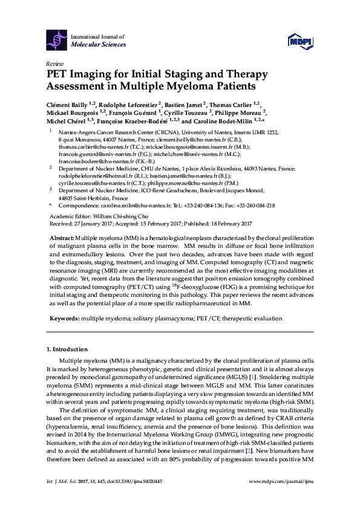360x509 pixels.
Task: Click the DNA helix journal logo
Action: pos(56,41)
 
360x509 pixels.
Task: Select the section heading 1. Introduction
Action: pos(67,349)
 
